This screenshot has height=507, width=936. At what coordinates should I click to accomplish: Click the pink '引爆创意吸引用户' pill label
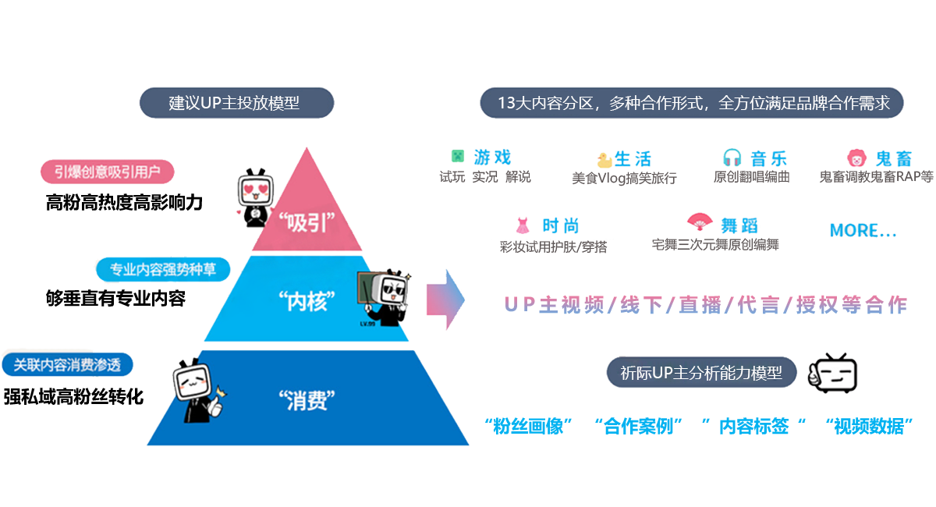tap(108, 172)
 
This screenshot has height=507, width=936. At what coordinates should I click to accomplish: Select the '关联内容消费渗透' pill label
tap(67, 364)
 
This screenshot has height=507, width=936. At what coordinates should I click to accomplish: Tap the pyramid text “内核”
tap(306, 300)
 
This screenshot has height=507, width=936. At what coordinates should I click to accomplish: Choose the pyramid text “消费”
tap(306, 401)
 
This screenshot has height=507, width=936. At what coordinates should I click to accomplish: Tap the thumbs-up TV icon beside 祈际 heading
tap(833, 373)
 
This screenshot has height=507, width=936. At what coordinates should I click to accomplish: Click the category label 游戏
tap(493, 158)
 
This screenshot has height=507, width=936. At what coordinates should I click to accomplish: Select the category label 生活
tap(633, 159)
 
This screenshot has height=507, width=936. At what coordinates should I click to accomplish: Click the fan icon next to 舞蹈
tap(700, 225)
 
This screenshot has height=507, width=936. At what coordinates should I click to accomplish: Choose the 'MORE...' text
tap(863, 231)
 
